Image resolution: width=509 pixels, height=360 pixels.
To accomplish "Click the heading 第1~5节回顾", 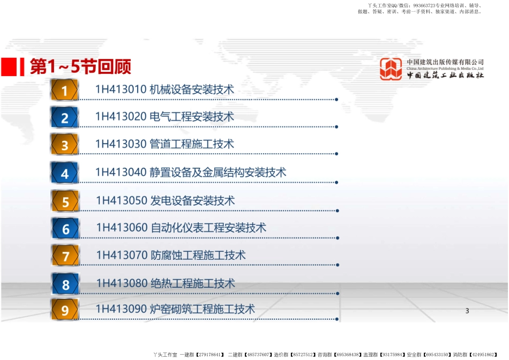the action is [x=80, y=66].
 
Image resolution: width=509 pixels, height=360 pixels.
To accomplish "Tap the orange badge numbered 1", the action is [x=65, y=90].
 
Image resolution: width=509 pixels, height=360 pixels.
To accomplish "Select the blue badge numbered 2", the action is [x=65, y=117].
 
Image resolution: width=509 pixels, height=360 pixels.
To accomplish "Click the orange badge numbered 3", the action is [x=65, y=145].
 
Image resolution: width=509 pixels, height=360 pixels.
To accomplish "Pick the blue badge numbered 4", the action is [x=65, y=172].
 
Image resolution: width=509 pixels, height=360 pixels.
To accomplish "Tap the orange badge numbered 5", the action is [x=65, y=201].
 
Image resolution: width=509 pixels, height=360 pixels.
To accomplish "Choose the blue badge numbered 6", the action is [x=65, y=229].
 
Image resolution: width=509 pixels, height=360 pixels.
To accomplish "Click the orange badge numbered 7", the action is [x=65, y=256].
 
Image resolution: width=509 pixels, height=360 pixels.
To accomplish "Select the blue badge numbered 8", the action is [x=65, y=284].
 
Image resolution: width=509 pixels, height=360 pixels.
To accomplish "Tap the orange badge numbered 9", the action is [x=65, y=310].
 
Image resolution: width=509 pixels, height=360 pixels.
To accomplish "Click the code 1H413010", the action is [x=121, y=89].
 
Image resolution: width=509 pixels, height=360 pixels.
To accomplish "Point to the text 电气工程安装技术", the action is [x=191, y=117].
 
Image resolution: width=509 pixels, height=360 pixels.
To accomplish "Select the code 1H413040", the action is [x=121, y=172].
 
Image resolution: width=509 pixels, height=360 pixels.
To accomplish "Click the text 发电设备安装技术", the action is [x=192, y=200].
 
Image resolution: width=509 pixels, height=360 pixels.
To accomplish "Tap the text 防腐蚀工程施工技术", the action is [x=198, y=255].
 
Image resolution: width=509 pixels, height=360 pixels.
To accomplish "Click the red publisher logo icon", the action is [x=391, y=69].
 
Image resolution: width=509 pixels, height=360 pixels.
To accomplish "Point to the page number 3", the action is [x=467, y=311].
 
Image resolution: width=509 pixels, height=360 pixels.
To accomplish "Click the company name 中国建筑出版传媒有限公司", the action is [x=445, y=62].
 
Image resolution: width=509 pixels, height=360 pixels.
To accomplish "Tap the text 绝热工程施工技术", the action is [x=193, y=283].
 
